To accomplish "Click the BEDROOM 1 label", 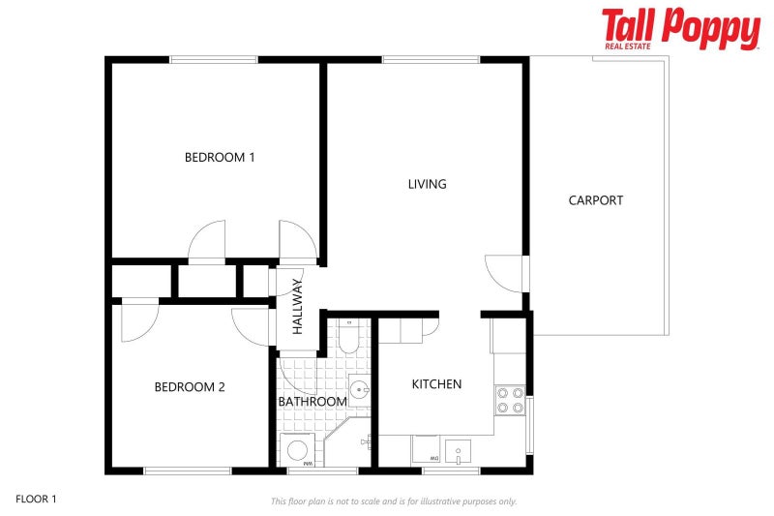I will pyautogui.click(x=220, y=157).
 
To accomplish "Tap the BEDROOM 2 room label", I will pyautogui.click(x=190, y=387).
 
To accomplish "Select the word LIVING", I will pyautogui.click(x=427, y=184).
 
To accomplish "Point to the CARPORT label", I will pyautogui.click(x=595, y=200).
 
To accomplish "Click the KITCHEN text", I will pyautogui.click(x=436, y=384).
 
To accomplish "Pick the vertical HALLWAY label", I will pyautogui.click(x=298, y=307).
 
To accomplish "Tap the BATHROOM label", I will pyautogui.click(x=312, y=402).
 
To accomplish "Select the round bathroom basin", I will pyautogui.click(x=359, y=390).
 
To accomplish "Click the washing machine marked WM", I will pyautogui.click(x=299, y=450).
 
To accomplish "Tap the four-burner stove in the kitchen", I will pyautogui.click(x=510, y=400).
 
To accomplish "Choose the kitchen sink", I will pyautogui.click(x=458, y=450).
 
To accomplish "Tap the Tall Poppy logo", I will pyautogui.click(x=680, y=29).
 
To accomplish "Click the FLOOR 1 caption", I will pyautogui.click(x=36, y=500).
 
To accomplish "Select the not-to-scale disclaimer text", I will pyautogui.click(x=393, y=501).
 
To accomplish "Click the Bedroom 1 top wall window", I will pyautogui.click(x=214, y=60).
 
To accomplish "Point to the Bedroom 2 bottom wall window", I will pyautogui.click(x=188, y=470).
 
